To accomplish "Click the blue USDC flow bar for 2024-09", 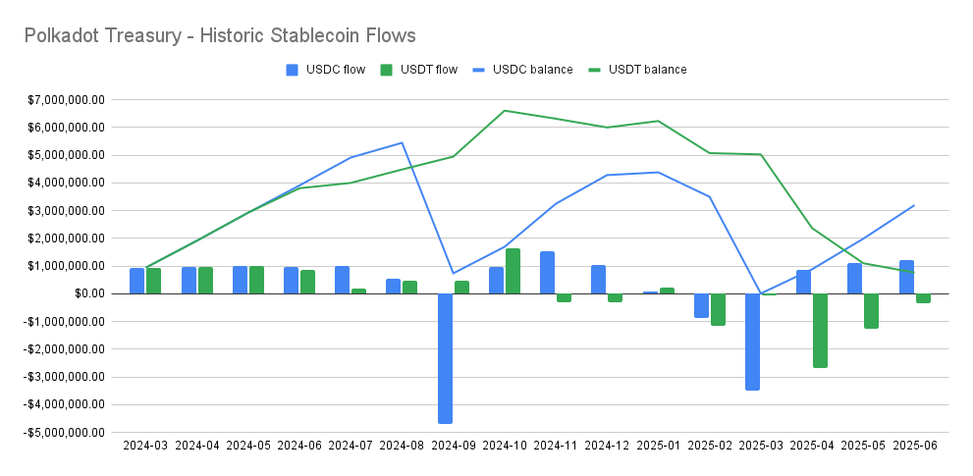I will point(445,358).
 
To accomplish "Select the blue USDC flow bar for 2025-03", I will point(752,342).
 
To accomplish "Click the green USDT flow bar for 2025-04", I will point(820,331).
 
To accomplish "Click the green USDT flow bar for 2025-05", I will point(871,310).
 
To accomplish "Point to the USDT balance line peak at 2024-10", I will point(505,111).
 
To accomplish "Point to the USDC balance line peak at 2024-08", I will point(402,142).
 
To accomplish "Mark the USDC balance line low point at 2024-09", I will point(454,273).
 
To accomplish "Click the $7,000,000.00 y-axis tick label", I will point(65,100).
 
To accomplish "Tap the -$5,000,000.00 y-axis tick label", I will point(63,432).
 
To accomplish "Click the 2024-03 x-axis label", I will point(145,446).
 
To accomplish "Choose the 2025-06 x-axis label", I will point(915,446).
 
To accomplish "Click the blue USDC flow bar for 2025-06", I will point(906,277).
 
